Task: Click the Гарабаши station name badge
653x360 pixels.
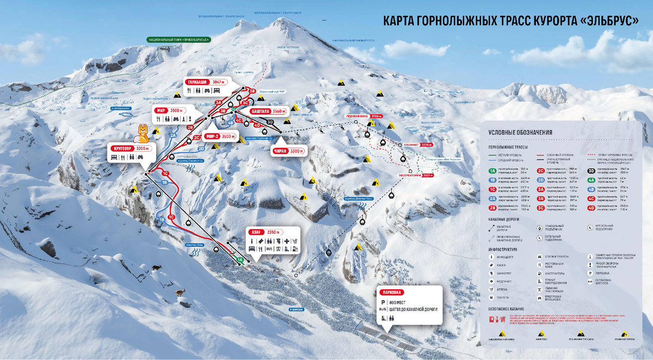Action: (x=196, y=82)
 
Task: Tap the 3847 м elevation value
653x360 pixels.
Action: (x=218, y=82)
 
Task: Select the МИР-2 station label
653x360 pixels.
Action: (x=212, y=136)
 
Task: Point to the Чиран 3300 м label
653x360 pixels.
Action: (x=289, y=151)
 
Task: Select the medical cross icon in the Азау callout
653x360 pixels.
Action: (x=286, y=241)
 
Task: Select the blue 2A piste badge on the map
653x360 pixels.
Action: (x=173, y=135)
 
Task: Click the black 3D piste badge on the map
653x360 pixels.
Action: (x=270, y=122)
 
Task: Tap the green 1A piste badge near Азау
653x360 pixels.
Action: (x=239, y=260)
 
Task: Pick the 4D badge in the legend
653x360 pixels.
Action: (x=592, y=207)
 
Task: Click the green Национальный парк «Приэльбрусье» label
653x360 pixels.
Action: (x=179, y=39)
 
